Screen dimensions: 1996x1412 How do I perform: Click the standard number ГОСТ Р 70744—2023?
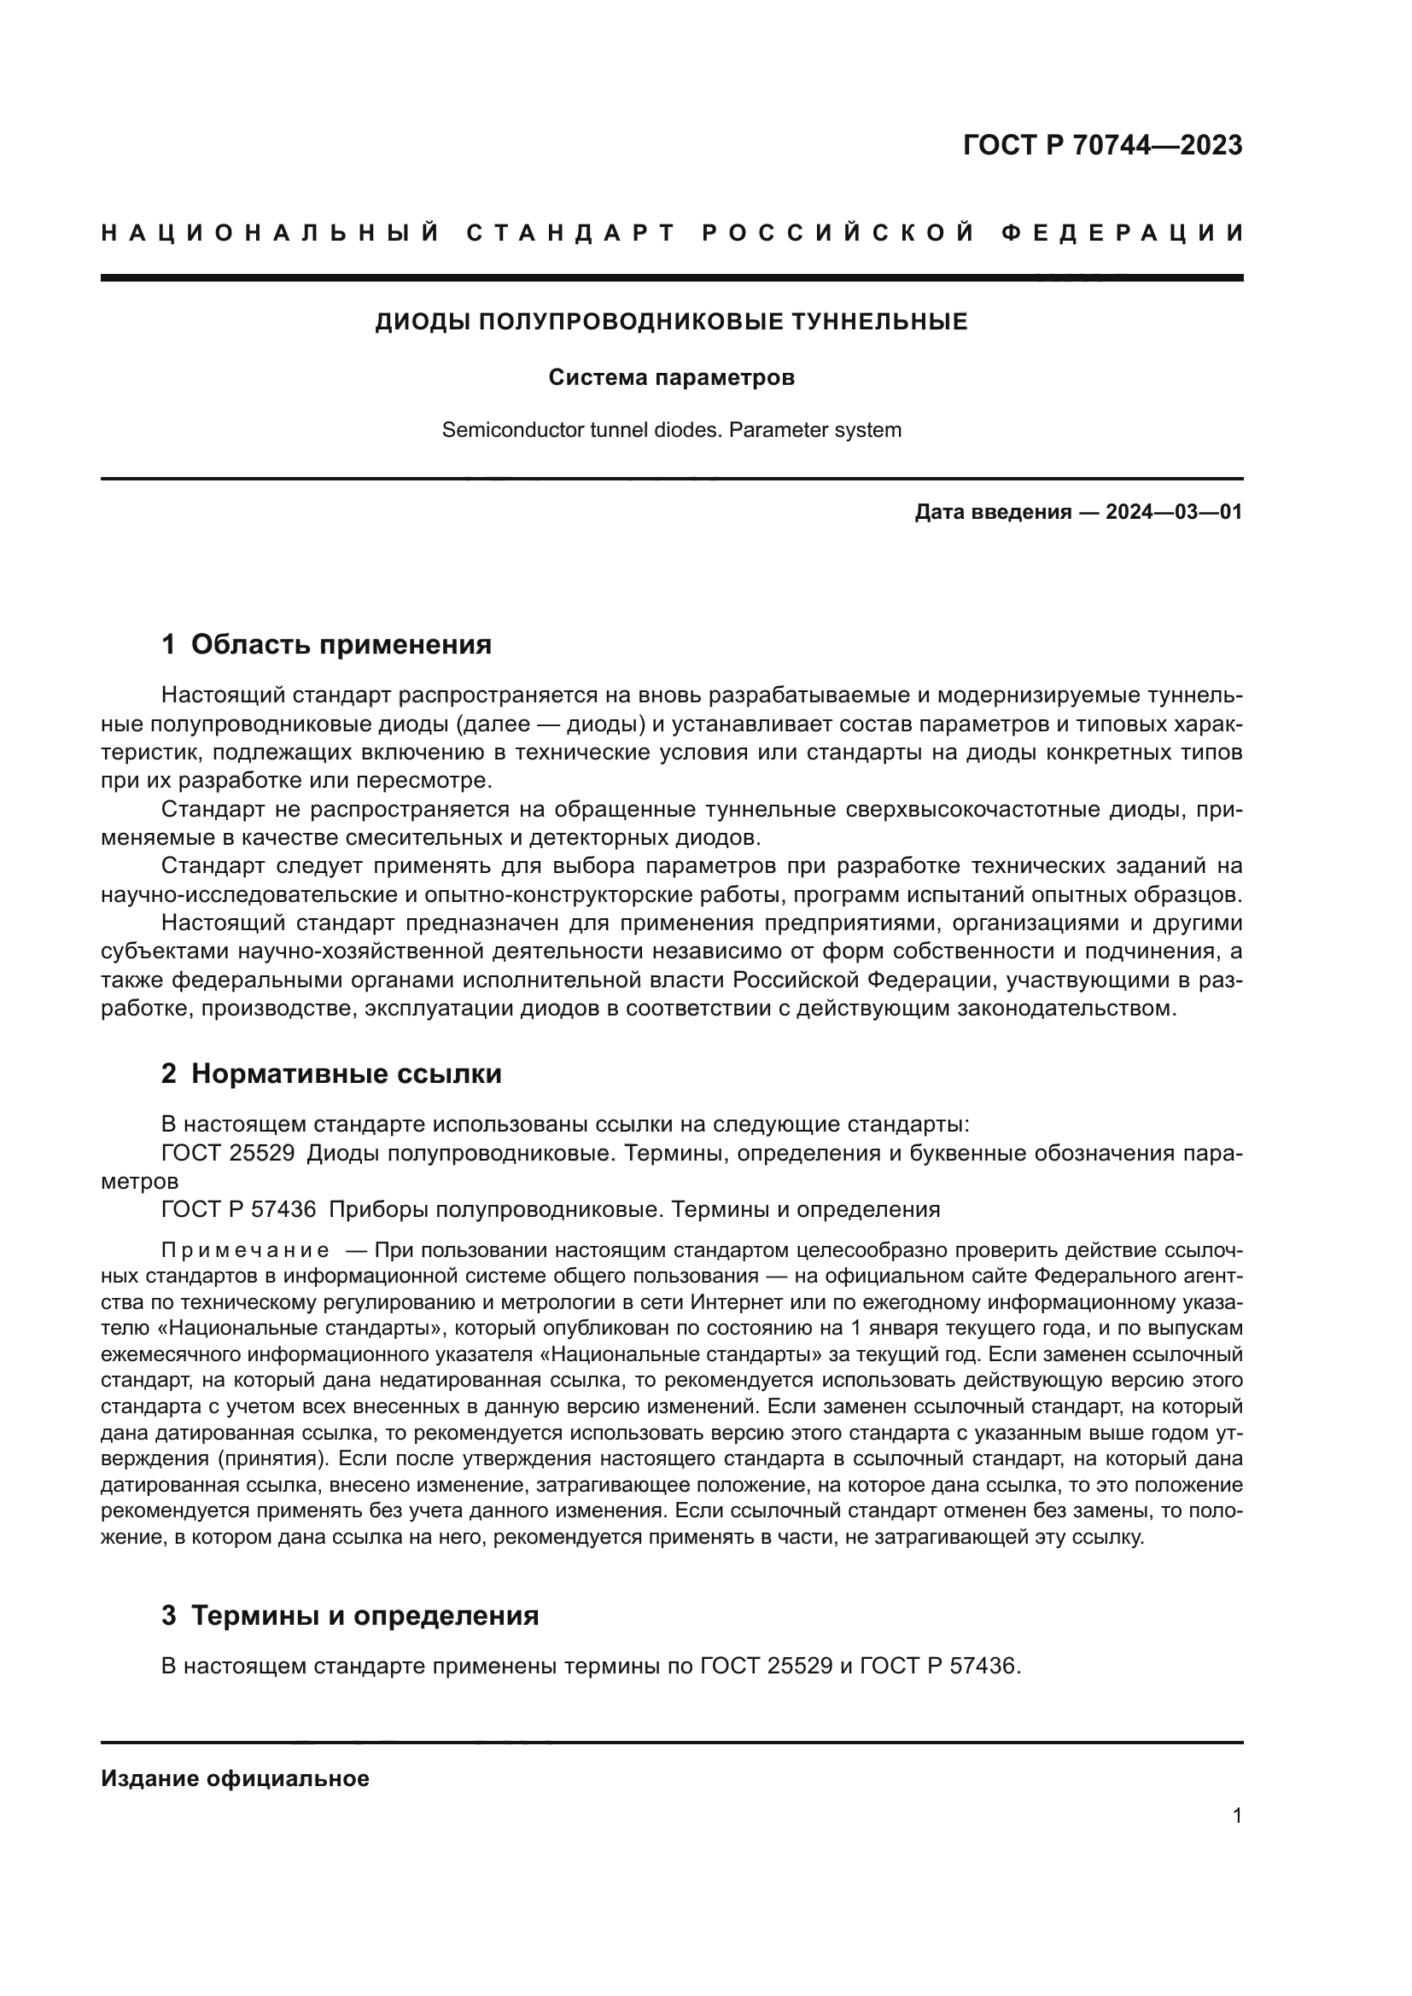point(1101,145)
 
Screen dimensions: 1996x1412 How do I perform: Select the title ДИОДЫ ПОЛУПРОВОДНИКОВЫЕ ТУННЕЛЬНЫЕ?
point(671,322)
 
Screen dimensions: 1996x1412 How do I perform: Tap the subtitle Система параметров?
point(671,378)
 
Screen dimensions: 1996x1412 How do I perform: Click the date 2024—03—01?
point(1174,512)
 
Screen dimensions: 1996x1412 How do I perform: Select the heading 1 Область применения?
point(326,644)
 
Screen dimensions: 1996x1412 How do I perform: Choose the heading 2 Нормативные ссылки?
point(331,1074)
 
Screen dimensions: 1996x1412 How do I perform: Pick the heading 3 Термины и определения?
point(349,1615)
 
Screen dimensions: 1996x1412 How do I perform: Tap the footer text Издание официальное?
point(235,1778)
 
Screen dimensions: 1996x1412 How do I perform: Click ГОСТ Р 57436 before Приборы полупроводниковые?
point(238,1209)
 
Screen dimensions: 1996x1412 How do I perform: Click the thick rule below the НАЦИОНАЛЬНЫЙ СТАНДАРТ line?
point(671,278)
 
